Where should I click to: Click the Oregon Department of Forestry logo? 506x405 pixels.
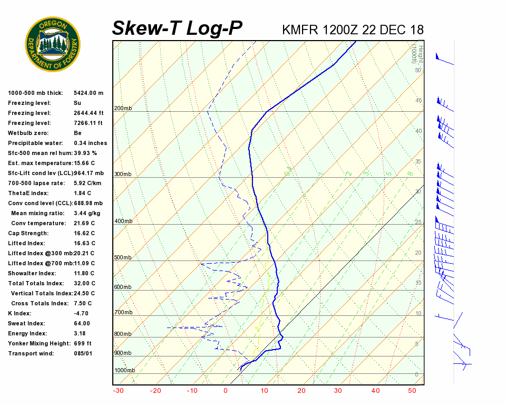click(x=53, y=44)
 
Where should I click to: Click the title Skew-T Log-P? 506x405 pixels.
click(x=178, y=28)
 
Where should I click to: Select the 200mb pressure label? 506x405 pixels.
click(x=122, y=109)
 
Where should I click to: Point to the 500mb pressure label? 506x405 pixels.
click(x=122, y=258)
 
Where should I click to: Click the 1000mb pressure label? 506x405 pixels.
click(x=124, y=371)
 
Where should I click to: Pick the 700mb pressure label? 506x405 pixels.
click(x=122, y=313)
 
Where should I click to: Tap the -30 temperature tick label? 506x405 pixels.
click(x=118, y=391)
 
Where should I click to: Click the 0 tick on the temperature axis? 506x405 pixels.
click(x=226, y=391)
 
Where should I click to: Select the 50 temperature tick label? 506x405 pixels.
click(x=412, y=391)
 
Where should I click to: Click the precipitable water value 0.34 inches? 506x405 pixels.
click(x=90, y=143)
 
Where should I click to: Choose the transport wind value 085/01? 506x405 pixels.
click(x=83, y=353)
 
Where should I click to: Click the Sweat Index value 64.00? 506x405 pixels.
click(x=82, y=323)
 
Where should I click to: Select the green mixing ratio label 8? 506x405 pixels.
click(x=410, y=173)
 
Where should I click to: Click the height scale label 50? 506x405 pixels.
click(x=418, y=70)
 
